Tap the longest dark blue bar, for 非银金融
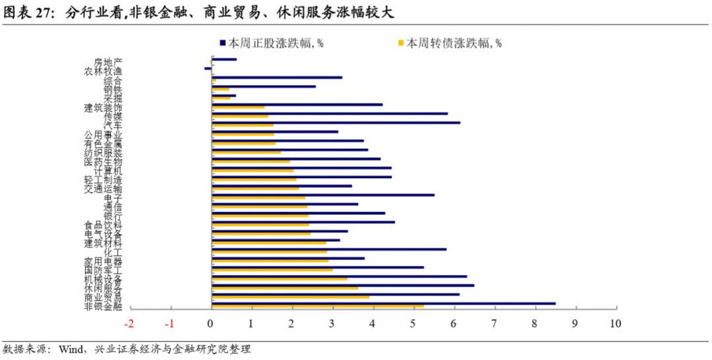(383, 303)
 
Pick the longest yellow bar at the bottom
(317, 306)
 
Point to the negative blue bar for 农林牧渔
(208, 68)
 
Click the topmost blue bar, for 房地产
(223, 59)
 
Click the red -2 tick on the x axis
(129, 324)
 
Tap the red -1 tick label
(169, 324)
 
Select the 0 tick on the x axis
(211, 324)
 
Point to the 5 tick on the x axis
(413, 324)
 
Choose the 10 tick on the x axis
(616, 324)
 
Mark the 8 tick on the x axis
(535, 324)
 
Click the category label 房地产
(108, 63)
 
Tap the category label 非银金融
(104, 306)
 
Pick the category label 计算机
(108, 171)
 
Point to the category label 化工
(113, 252)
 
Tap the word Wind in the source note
(71, 349)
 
